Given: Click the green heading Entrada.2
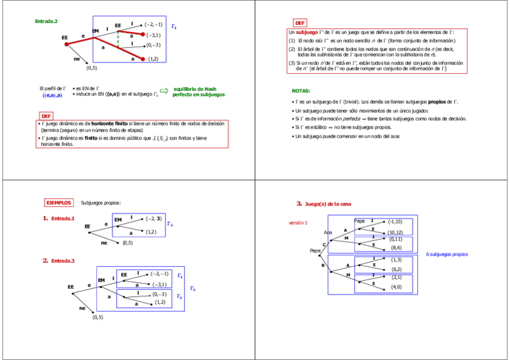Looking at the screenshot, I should coord(46,22).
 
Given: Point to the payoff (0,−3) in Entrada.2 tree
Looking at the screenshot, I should coord(153,45).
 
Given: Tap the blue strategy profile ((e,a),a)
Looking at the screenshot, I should coord(52,95).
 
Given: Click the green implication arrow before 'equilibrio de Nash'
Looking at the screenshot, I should coord(164,90).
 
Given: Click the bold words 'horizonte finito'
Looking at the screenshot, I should coord(109,123).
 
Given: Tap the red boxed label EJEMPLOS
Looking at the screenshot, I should coord(59,203).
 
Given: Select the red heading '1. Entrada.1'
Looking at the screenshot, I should coord(58,218).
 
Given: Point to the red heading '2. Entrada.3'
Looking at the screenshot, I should coord(58,260).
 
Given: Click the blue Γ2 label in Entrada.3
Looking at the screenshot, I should coord(179,296).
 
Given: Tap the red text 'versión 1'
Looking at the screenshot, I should coord(298,222).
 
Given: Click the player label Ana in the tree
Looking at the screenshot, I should coord(328,232).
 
